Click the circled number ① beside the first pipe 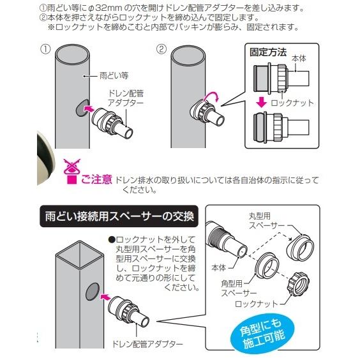tap(45, 49)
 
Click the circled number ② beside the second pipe tap(161, 49)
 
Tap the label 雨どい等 tap(114, 75)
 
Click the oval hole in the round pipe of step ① tap(82, 108)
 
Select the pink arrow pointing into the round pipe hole tap(90, 108)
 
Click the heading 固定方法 tap(268, 52)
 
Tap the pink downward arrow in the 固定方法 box tap(261, 103)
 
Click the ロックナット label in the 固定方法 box tap(292, 103)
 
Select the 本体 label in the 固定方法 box tap(299, 59)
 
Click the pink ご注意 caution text tap(96, 179)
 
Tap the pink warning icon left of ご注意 tap(72, 171)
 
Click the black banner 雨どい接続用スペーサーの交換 tap(119, 216)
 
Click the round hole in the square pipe tap(93, 292)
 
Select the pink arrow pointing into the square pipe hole tap(105, 297)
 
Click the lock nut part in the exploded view tap(299, 283)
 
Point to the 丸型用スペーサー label tap(267, 221)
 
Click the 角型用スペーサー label tap(239, 289)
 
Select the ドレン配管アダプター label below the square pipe tap(147, 344)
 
